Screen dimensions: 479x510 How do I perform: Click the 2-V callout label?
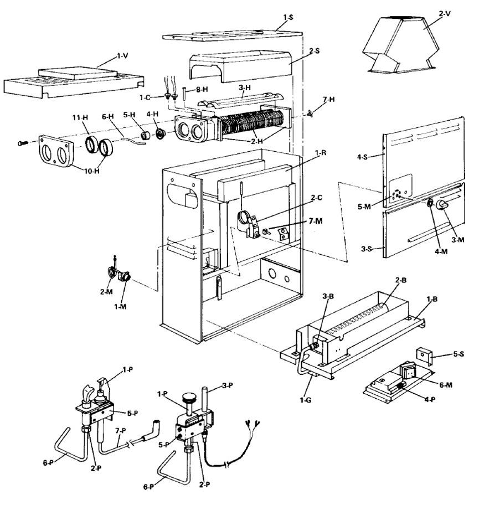[445, 14]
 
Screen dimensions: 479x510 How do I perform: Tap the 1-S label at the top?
[288, 17]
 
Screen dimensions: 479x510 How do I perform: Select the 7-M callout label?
[316, 221]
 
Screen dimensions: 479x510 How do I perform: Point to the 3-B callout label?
[328, 296]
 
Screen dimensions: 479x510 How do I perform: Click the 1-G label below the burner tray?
[305, 400]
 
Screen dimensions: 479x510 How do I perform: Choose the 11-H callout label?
[80, 117]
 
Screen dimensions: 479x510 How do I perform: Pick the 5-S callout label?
[459, 354]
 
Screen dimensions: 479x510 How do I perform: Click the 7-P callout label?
[120, 431]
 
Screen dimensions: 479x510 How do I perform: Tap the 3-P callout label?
[227, 386]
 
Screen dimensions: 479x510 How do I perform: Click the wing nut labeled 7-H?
[310, 114]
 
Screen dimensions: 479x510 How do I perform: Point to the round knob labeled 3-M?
[442, 205]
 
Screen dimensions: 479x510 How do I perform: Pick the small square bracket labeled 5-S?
[424, 357]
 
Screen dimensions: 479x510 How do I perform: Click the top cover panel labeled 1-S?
[233, 35]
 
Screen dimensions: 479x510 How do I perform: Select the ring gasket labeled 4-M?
[430, 203]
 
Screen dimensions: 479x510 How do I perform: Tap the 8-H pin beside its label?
[184, 94]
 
